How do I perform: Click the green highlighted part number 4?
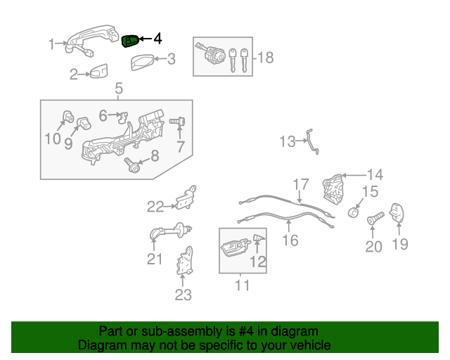point(131,41)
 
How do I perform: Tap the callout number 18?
point(266,58)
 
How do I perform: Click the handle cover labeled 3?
point(142,62)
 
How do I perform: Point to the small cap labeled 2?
point(98,71)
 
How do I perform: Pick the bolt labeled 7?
point(177,121)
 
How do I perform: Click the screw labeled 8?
point(131,165)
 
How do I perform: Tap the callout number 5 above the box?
point(119,89)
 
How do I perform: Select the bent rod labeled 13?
point(311,141)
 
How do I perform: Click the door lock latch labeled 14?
point(333,189)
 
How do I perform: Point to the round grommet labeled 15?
point(353,213)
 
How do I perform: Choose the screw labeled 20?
point(375,219)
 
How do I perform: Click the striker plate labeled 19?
point(397,213)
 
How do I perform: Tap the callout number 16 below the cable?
point(290,240)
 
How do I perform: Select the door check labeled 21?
point(170,231)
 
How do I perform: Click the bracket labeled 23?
point(185,261)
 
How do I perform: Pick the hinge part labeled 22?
point(186,198)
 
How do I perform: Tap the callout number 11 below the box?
point(242,285)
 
